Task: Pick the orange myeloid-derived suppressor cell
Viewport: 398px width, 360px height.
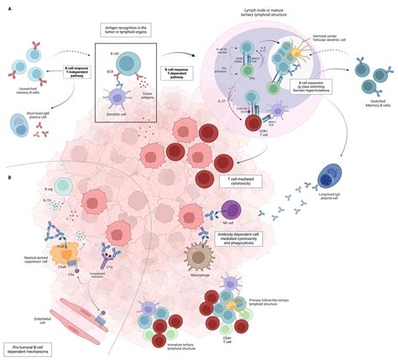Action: (x=65, y=253)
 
